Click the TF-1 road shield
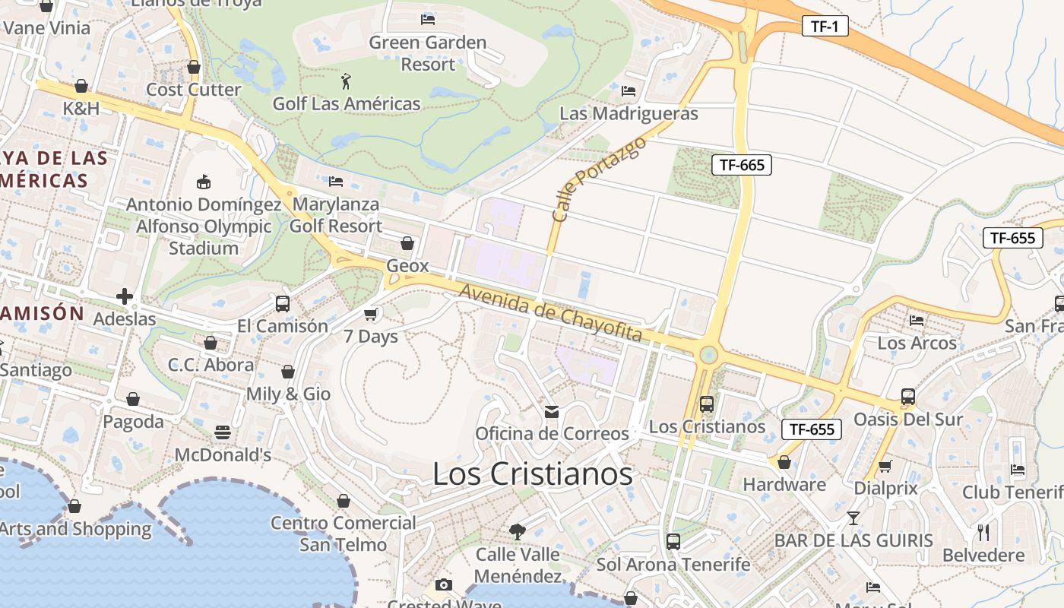(825, 27)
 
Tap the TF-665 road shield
(742, 164)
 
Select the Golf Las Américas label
(347, 103)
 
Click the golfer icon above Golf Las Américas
(347, 80)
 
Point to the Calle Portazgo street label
(598, 179)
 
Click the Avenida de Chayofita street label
(551, 313)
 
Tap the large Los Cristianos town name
(532, 474)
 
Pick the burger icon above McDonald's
(223, 432)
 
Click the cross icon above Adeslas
(125, 296)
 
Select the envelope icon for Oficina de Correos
(552, 411)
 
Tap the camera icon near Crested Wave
(444, 584)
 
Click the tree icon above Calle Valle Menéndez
(518, 531)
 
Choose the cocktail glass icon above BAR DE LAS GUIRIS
(853, 518)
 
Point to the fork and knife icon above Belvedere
(983, 532)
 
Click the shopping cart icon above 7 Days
(371, 314)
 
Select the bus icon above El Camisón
(283, 303)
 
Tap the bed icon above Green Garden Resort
(428, 19)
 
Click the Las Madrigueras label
(629, 113)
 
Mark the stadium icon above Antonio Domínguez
(204, 182)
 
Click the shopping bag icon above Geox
(407, 243)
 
